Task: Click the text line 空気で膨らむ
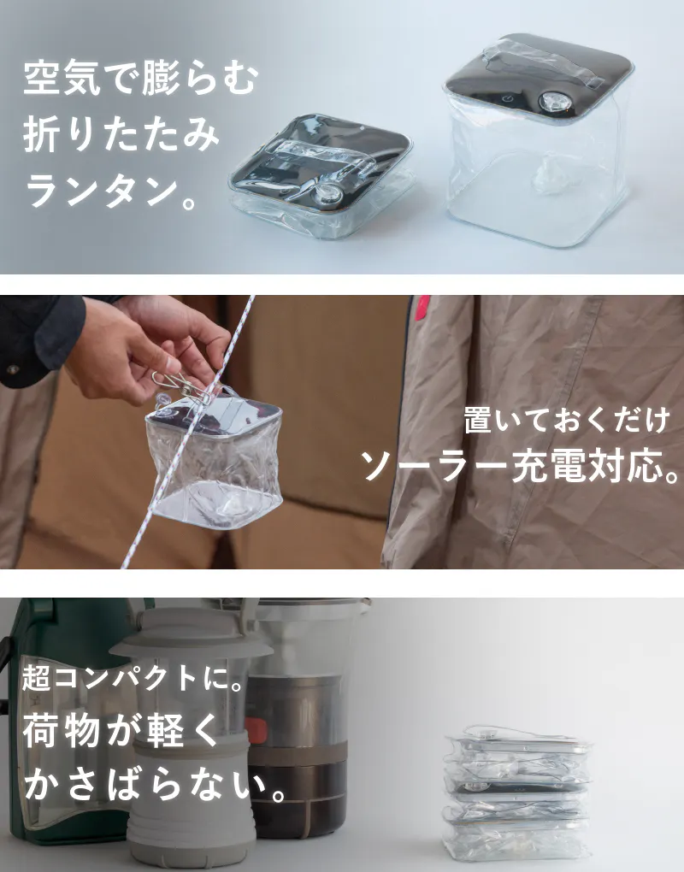click(x=141, y=79)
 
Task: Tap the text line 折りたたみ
click(x=121, y=135)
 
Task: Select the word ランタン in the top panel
click(x=102, y=191)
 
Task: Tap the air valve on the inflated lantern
click(x=553, y=102)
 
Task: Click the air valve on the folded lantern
click(x=328, y=193)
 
